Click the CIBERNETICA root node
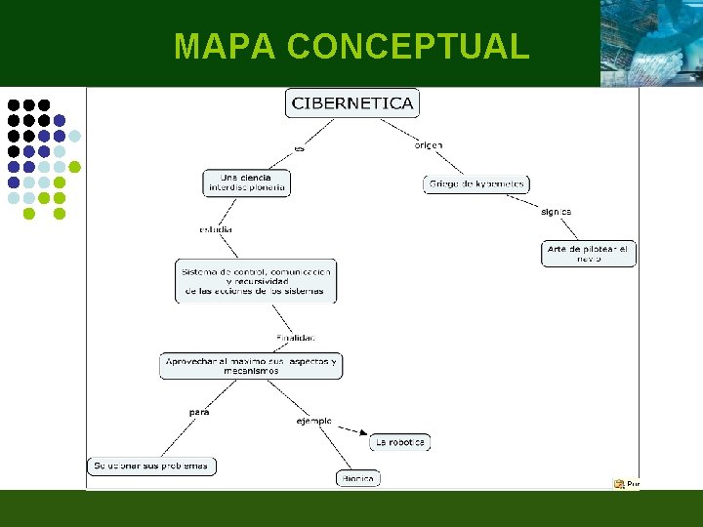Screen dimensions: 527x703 (x=352, y=102)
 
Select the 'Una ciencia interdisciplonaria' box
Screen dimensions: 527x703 (x=247, y=182)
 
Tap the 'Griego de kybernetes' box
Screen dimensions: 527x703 (x=476, y=183)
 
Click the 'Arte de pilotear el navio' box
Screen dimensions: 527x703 (x=589, y=254)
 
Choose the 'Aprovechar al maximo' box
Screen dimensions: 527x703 (x=251, y=366)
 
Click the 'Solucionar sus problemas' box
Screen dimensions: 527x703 (x=151, y=466)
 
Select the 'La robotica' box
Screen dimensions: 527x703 (x=400, y=442)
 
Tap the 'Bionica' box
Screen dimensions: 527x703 (x=358, y=478)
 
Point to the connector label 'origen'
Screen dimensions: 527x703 (x=429, y=145)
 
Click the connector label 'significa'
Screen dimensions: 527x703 (x=556, y=212)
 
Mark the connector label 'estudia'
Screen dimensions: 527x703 (x=216, y=230)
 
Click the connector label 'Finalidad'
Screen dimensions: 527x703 (x=295, y=338)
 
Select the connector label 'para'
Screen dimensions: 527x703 (x=199, y=412)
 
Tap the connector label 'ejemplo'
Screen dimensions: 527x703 (x=313, y=422)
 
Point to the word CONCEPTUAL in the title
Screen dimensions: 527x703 (x=408, y=46)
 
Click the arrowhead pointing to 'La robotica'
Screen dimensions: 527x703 (x=363, y=433)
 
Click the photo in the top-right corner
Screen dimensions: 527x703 (x=651, y=43)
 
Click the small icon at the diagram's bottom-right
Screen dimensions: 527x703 (x=619, y=483)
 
